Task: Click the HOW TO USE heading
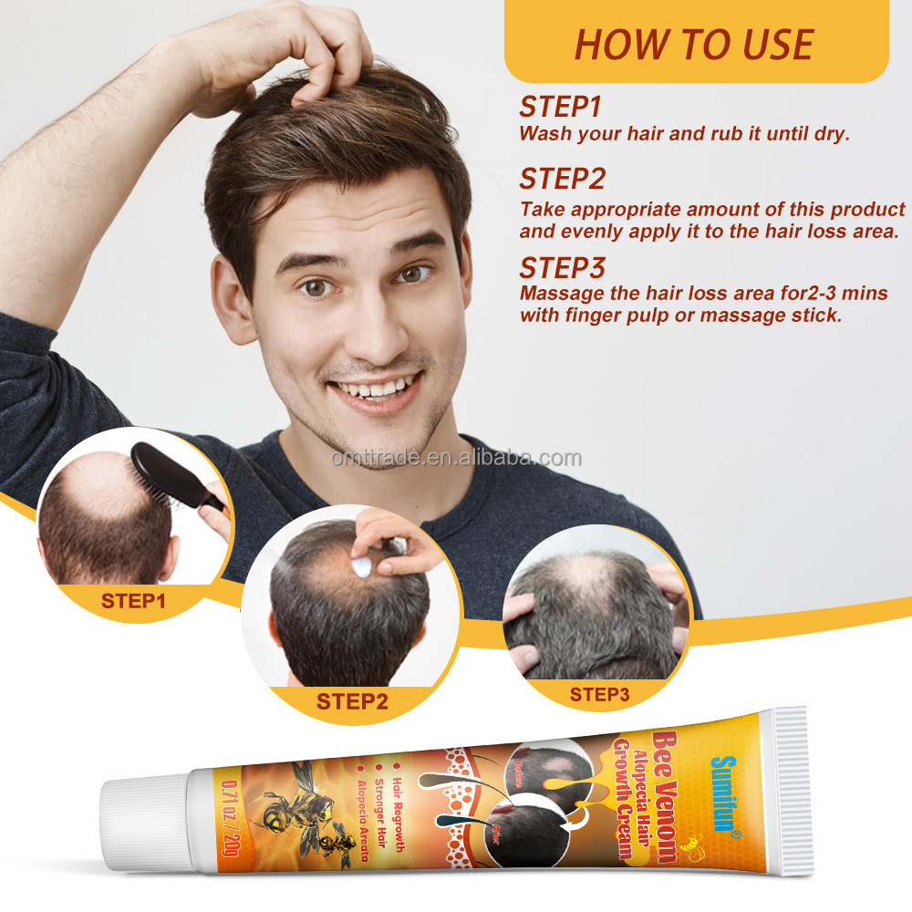(x=694, y=44)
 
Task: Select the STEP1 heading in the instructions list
(x=560, y=107)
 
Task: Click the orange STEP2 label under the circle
(x=352, y=701)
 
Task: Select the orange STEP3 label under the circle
(x=599, y=695)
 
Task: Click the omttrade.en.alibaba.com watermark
(x=456, y=458)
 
